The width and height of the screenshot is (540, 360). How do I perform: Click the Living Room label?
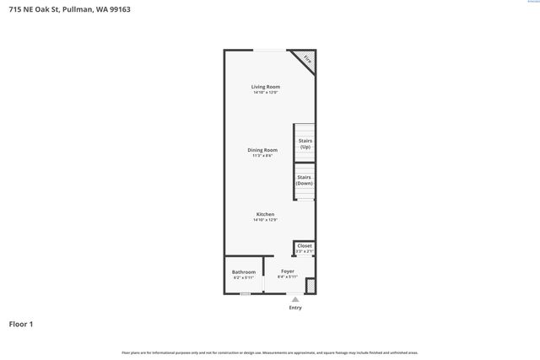point(265,87)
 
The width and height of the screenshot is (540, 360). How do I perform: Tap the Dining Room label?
point(262,150)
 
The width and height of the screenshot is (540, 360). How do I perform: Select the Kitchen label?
point(265,214)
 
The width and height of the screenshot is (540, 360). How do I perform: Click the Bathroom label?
point(244,271)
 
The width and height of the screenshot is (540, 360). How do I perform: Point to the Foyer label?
point(288,271)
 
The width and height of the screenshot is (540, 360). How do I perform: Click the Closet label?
point(305,245)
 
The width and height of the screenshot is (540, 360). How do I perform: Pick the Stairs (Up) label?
point(305,143)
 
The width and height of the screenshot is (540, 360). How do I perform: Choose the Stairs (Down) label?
point(305,180)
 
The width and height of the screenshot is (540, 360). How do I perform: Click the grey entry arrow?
point(294,298)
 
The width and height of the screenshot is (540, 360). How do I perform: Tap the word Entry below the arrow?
point(294,308)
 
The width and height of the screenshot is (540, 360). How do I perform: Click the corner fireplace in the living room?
point(307,60)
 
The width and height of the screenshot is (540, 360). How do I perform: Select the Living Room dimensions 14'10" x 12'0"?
point(265,93)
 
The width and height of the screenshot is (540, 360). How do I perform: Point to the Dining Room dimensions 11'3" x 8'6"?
point(262,156)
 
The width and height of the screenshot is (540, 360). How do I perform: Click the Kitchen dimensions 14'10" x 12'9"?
point(265,220)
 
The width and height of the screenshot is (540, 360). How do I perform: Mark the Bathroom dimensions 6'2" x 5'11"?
point(244,277)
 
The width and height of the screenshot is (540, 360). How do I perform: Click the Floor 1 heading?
point(21,324)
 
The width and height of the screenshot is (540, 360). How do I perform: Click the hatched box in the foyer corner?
point(310,287)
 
